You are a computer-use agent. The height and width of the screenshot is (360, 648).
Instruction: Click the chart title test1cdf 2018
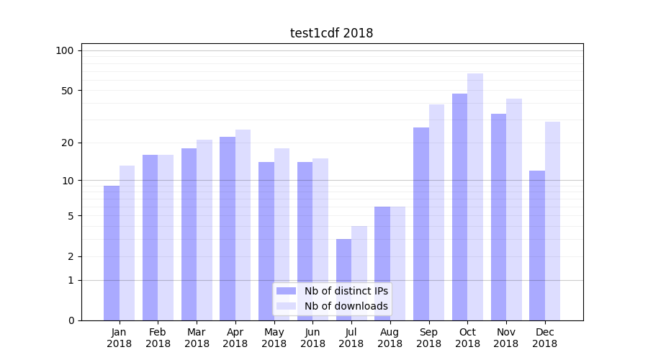(x=331, y=33)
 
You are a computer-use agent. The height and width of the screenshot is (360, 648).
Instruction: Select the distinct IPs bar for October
(x=459, y=207)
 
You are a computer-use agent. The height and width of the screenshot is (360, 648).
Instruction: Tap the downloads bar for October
(x=475, y=197)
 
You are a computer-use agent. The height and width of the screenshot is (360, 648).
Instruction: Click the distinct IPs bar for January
(x=112, y=253)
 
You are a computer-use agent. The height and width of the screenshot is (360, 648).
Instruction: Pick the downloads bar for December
(x=552, y=221)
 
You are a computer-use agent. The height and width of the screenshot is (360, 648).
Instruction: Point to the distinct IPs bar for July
(x=343, y=279)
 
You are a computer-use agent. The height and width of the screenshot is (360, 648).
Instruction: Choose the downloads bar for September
(x=436, y=212)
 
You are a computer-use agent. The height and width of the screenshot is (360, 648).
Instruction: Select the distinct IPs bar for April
(x=228, y=228)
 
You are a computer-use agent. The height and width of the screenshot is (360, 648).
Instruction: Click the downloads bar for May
(x=282, y=234)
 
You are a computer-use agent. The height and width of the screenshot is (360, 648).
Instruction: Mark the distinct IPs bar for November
(x=498, y=217)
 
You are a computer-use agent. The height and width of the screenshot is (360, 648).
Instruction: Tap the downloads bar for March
(x=204, y=230)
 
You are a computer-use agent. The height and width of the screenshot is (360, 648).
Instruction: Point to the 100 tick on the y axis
(x=65, y=50)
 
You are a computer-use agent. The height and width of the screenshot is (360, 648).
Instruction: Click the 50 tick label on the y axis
(x=67, y=91)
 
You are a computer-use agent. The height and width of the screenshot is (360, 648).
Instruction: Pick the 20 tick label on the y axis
(x=67, y=143)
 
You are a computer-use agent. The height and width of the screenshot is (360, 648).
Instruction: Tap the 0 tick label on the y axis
(x=70, y=320)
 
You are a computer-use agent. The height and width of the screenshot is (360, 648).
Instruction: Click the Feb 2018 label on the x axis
(x=158, y=338)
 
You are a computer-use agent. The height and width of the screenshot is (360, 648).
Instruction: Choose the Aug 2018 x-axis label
(x=390, y=338)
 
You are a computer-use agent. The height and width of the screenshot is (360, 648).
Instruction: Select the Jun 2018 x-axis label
(x=312, y=338)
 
